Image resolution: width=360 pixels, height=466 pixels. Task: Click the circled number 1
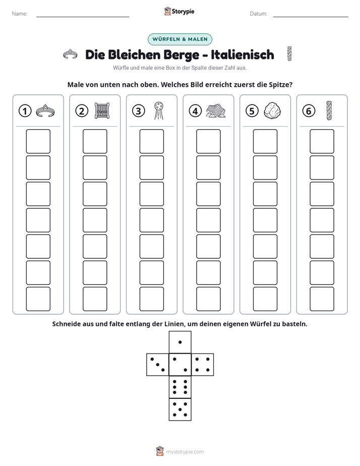pos(25,111)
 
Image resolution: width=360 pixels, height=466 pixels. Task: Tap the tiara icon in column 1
pos(45,111)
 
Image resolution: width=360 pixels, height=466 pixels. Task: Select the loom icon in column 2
pos(102,111)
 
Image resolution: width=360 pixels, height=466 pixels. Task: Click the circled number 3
pos(139,111)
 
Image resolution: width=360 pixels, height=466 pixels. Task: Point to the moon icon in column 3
pos(159,110)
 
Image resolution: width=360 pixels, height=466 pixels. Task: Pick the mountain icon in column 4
pos(215,111)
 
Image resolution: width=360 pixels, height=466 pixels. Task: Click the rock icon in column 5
pos(272,111)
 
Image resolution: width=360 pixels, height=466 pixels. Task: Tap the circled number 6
pos(309,111)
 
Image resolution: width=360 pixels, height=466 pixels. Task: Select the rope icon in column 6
pos(329,110)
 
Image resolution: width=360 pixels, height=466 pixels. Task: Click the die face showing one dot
pos(180,342)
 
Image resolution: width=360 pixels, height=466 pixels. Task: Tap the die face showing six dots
pos(180,387)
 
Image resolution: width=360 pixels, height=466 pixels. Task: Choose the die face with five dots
pos(180,409)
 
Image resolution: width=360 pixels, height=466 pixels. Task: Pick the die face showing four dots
pos(203,364)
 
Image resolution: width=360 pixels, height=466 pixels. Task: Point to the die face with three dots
pos(158,364)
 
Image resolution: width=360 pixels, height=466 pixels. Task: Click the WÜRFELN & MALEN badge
pos(180,39)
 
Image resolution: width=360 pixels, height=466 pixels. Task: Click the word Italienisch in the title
pos(243,54)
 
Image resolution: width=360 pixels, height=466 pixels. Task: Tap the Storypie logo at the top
pos(179,11)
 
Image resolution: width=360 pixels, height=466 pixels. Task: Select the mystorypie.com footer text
pos(185,452)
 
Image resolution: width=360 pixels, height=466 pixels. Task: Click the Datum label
pos(259,14)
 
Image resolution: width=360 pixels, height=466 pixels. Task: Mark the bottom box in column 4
pos(209,299)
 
